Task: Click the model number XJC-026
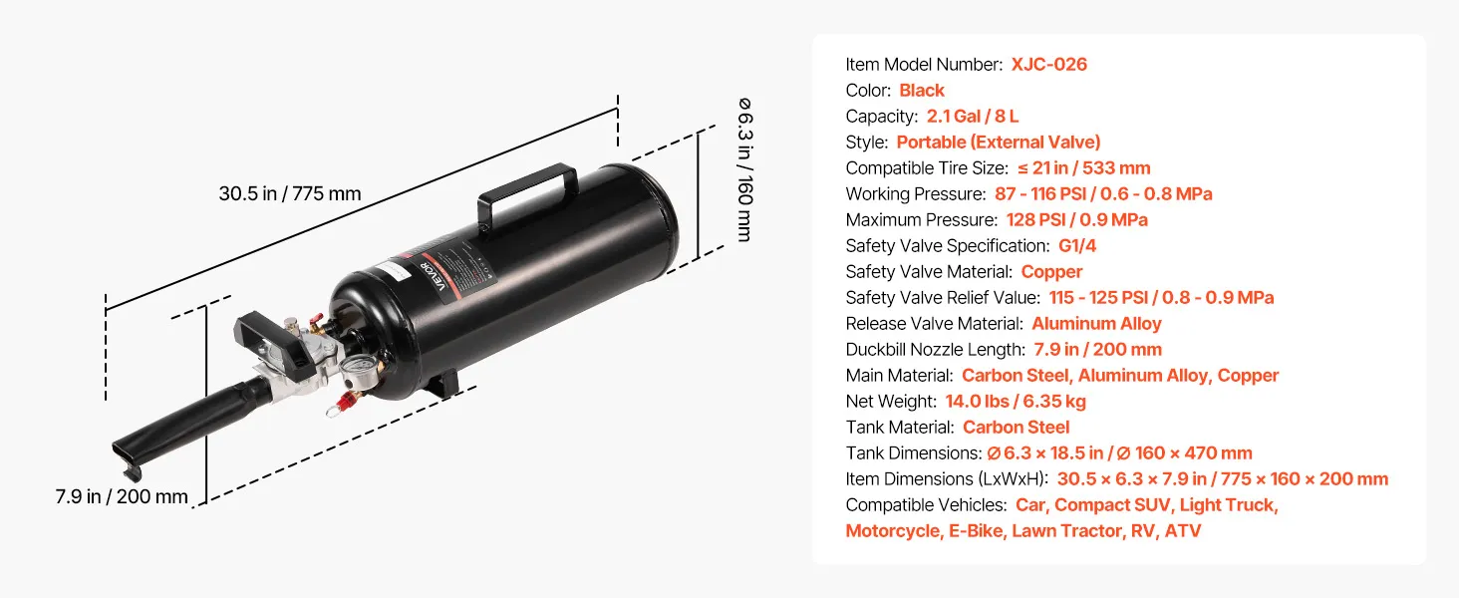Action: coord(1048,65)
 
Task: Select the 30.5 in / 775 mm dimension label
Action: coord(290,193)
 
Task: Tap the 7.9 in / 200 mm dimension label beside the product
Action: coord(122,496)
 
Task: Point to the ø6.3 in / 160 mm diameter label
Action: coord(744,169)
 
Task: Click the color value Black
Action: coord(922,91)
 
